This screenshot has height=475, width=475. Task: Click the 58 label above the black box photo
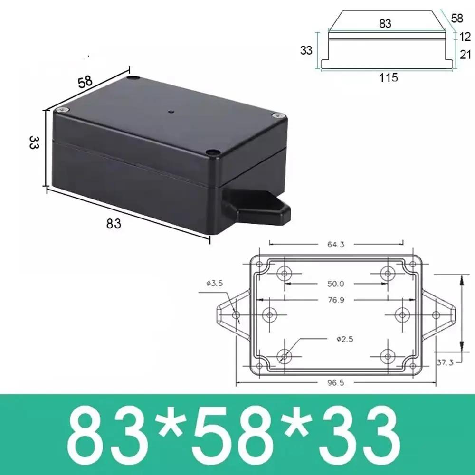pyautogui.click(x=85, y=81)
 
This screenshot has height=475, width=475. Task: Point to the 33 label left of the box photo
pyautogui.click(x=34, y=143)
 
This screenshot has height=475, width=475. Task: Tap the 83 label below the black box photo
pyautogui.click(x=114, y=223)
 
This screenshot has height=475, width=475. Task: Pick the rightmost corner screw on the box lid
pyautogui.click(x=279, y=115)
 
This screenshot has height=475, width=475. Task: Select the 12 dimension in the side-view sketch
pyautogui.click(x=465, y=36)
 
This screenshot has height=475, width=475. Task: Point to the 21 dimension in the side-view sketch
pyautogui.click(x=465, y=55)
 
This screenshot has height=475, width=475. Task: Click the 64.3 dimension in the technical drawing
pyautogui.click(x=335, y=245)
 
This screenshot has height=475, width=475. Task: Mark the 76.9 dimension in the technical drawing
pyautogui.click(x=335, y=300)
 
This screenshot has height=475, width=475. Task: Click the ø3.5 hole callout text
pyautogui.click(x=215, y=284)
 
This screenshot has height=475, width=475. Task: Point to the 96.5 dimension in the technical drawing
pyautogui.click(x=335, y=383)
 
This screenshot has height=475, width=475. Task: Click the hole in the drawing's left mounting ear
pyautogui.click(x=236, y=314)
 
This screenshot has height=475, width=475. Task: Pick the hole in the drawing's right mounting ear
pyautogui.click(x=436, y=314)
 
